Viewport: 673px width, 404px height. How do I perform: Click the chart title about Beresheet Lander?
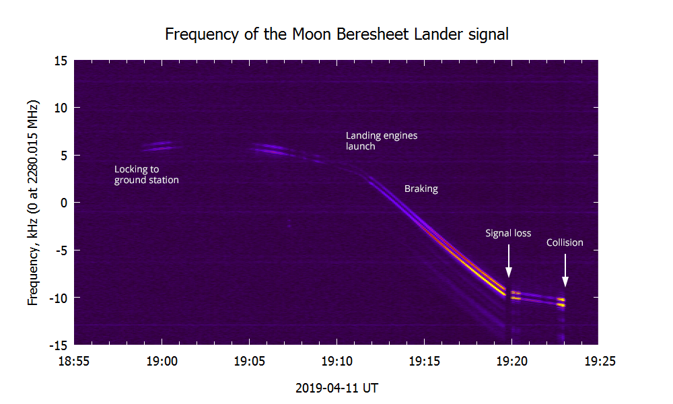[x=336, y=34]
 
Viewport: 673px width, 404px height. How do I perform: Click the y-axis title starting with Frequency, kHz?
[x=33, y=202]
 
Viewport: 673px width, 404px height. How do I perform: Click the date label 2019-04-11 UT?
[x=336, y=389]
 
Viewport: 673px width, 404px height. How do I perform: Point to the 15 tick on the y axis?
[x=61, y=61]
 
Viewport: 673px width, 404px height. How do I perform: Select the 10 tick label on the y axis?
[x=61, y=108]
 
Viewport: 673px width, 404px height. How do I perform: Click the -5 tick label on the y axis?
[x=61, y=250]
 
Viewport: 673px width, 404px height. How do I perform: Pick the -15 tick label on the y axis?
[x=58, y=344]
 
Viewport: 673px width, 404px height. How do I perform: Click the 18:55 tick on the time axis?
[x=74, y=361]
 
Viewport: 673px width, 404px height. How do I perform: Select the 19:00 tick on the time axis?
[x=162, y=361]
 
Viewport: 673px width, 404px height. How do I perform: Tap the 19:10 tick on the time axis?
[x=336, y=361]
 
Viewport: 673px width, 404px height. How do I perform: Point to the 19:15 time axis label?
[x=424, y=361]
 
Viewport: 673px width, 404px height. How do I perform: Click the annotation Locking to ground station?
[x=146, y=174]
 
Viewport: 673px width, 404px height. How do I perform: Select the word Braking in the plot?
[x=421, y=189]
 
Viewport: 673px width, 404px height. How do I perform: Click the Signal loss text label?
[x=508, y=233]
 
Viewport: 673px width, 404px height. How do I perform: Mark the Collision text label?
[x=565, y=242]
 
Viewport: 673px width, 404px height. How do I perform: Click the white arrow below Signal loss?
[x=509, y=261]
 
